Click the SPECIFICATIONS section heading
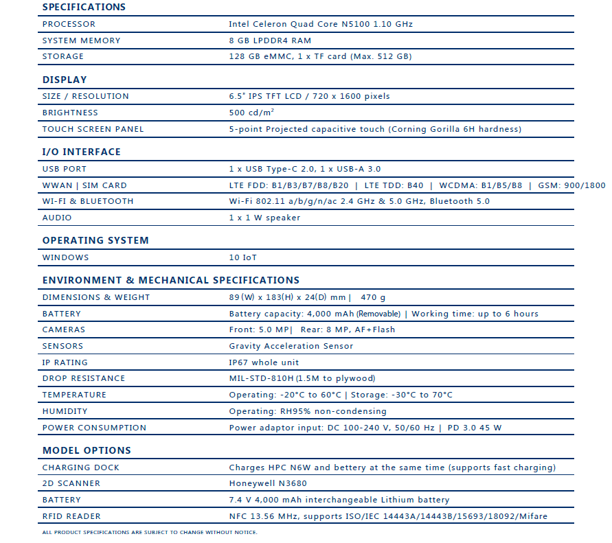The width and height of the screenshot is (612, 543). click(84, 7)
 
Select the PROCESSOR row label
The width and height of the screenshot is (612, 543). click(69, 24)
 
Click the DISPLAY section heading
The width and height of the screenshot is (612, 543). click(65, 80)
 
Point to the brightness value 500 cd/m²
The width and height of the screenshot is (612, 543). click(251, 113)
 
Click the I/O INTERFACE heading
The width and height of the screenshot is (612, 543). click(81, 152)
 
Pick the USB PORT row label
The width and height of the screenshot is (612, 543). click(65, 169)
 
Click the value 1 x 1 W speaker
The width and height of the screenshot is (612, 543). click(264, 218)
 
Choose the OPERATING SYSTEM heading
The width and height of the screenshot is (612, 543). click(95, 240)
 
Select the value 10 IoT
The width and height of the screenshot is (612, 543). click(243, 257)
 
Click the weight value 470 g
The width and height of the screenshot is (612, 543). click(373, 297)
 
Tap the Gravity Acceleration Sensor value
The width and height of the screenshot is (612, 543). click(291, 346)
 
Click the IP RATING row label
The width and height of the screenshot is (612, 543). click(65, 362)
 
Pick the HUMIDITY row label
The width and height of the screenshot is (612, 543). click(65, 411)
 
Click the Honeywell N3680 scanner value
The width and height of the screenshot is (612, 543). click(267, 483)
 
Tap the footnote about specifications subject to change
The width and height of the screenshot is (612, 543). click(150, 532)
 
